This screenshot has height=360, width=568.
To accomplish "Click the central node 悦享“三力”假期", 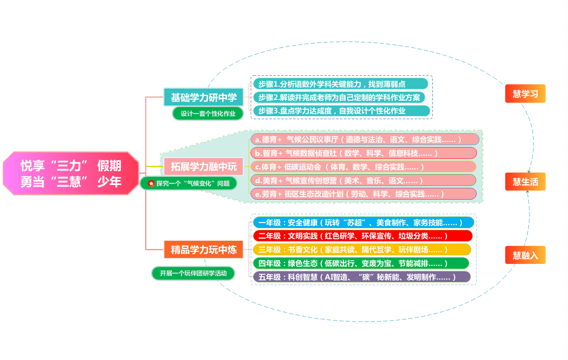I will pos(71,173).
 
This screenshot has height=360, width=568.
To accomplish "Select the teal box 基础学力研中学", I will pos(204,97).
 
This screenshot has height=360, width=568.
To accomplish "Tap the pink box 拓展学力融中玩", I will pos(204,167).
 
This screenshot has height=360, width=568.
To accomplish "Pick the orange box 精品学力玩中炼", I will pos(204,249).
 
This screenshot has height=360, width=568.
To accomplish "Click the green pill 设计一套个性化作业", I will pos(208,114).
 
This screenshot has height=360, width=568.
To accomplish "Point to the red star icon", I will pos(151,183).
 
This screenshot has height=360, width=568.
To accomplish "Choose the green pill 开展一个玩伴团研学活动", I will pos(193,273).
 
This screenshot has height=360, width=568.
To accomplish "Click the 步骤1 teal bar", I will pos(340,84).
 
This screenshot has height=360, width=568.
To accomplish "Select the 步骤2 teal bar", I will pos(339,97).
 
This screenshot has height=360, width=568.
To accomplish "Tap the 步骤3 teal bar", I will pos(340,111).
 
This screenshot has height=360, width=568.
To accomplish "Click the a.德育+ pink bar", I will pos(364,140).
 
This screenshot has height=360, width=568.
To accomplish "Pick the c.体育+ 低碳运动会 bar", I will pos(363,167).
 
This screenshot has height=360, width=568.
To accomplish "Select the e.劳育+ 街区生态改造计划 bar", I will pos(363,194).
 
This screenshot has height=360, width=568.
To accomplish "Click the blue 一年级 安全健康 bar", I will pos(363,223).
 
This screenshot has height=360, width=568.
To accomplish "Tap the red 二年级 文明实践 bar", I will pos(362,236).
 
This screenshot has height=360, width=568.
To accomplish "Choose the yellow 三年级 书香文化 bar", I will pos(361,250).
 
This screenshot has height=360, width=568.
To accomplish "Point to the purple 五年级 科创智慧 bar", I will pos(361,277).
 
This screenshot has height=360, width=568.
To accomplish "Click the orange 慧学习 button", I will pos(525,94).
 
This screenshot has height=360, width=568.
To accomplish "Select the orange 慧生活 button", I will pos(525,182).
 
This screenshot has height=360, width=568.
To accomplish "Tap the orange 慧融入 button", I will pos(525,255).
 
